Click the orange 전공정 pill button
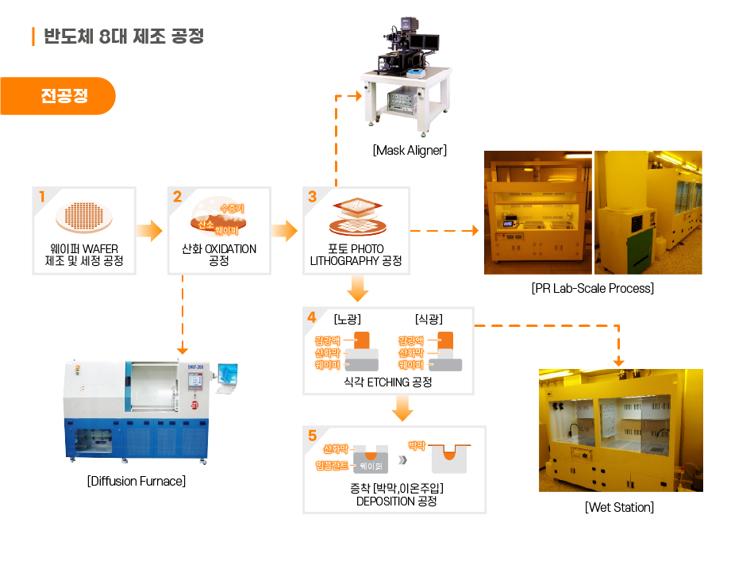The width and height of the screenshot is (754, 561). click(x=58, y=96)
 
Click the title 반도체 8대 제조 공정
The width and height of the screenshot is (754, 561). click(x=124, y=36)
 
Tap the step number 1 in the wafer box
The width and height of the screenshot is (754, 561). click(x=42, y=197)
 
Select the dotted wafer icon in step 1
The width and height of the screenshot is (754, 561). click(x=84, y=217)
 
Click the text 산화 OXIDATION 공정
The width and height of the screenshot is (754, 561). click(x=219, y=255)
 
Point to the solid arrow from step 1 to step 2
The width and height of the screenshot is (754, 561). click(x=149, y=231)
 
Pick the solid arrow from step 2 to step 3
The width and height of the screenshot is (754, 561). click(x=285, y=231)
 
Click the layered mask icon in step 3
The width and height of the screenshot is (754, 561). click(x=357, y=217)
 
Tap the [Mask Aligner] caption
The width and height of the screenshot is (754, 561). click(x=410, y=151)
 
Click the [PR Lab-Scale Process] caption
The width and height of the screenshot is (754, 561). click(x=592, y=288)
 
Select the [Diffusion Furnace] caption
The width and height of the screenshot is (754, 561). click(x=137, y=481)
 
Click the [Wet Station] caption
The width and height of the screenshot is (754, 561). click(x=619, y=507)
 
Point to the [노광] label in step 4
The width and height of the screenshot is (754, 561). click(x=347, y=319)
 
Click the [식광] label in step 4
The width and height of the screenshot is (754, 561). click(x=429, y=319)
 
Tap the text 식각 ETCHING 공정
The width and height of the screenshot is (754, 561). click(x=387, y=382)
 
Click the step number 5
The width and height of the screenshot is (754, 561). click(x=313, y=436)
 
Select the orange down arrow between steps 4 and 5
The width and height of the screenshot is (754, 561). click(x=402, y=409)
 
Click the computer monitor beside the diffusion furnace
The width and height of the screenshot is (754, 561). click(x=228, y=378)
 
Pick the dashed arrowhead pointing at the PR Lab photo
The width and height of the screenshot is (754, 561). click(x=475, y=231)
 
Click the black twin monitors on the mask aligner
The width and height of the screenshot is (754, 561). click(x=424, y=42)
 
